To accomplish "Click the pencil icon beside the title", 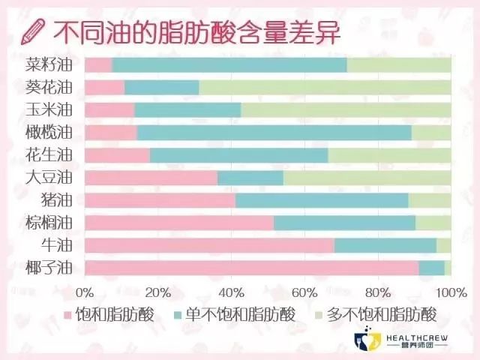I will click(32, 31).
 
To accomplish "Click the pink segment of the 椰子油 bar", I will click(251, 268).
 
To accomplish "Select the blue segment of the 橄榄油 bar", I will click(274, 132).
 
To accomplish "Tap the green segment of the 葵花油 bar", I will click(325, 87).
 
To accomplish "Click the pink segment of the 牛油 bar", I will click(209, 245).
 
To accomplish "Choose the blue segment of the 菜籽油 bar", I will click(229, 64).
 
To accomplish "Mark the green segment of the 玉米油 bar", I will click(346, 109).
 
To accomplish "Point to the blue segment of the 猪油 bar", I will click(322, 200).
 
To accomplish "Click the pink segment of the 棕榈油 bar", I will click(179, 223).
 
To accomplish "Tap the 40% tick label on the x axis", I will click(231, 291).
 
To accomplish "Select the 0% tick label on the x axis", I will click(85, 291).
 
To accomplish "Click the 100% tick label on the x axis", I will click(448, 291).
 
